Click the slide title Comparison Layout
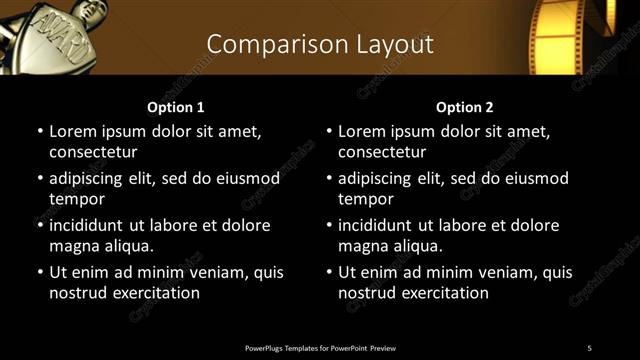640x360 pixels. coord(319,44)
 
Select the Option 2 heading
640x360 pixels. coord(465,107)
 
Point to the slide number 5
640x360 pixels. coord(589,347)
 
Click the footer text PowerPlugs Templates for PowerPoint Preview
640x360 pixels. coord(319,347)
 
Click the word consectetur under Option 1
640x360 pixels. coord(93,152)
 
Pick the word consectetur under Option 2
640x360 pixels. coord(382,152)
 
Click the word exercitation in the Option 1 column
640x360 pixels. coord(155,293)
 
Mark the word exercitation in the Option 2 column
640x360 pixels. coord(444,293)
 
